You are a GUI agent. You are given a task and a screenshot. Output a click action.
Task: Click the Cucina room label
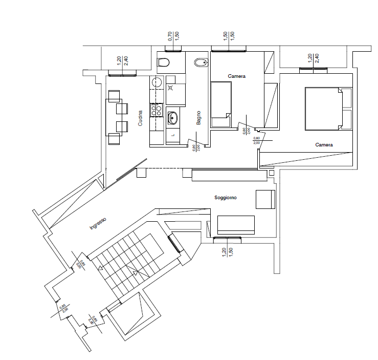point(141,119)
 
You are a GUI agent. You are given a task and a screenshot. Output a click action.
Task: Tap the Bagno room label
point(198,118)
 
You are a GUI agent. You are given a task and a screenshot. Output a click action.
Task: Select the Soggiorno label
point(225,197)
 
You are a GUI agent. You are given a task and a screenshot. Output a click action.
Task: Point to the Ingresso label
point(98,223)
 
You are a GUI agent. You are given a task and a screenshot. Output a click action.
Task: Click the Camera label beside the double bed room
point(324,145)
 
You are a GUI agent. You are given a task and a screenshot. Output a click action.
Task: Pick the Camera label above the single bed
point(237,76)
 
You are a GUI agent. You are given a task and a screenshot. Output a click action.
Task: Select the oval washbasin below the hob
point(173,118)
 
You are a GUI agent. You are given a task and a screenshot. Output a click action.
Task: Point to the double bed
point(323,109)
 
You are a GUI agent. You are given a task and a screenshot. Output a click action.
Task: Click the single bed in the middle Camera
point(221,104)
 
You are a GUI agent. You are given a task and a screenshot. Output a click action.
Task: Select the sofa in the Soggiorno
point(236,224)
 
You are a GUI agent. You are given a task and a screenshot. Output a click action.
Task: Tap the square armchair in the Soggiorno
point(265,199)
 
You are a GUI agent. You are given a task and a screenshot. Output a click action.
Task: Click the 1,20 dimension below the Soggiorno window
point(224,251)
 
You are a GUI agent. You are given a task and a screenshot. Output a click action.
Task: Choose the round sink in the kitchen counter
point(157,82)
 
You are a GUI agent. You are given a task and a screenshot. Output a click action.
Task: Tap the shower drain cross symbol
point(171,88)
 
